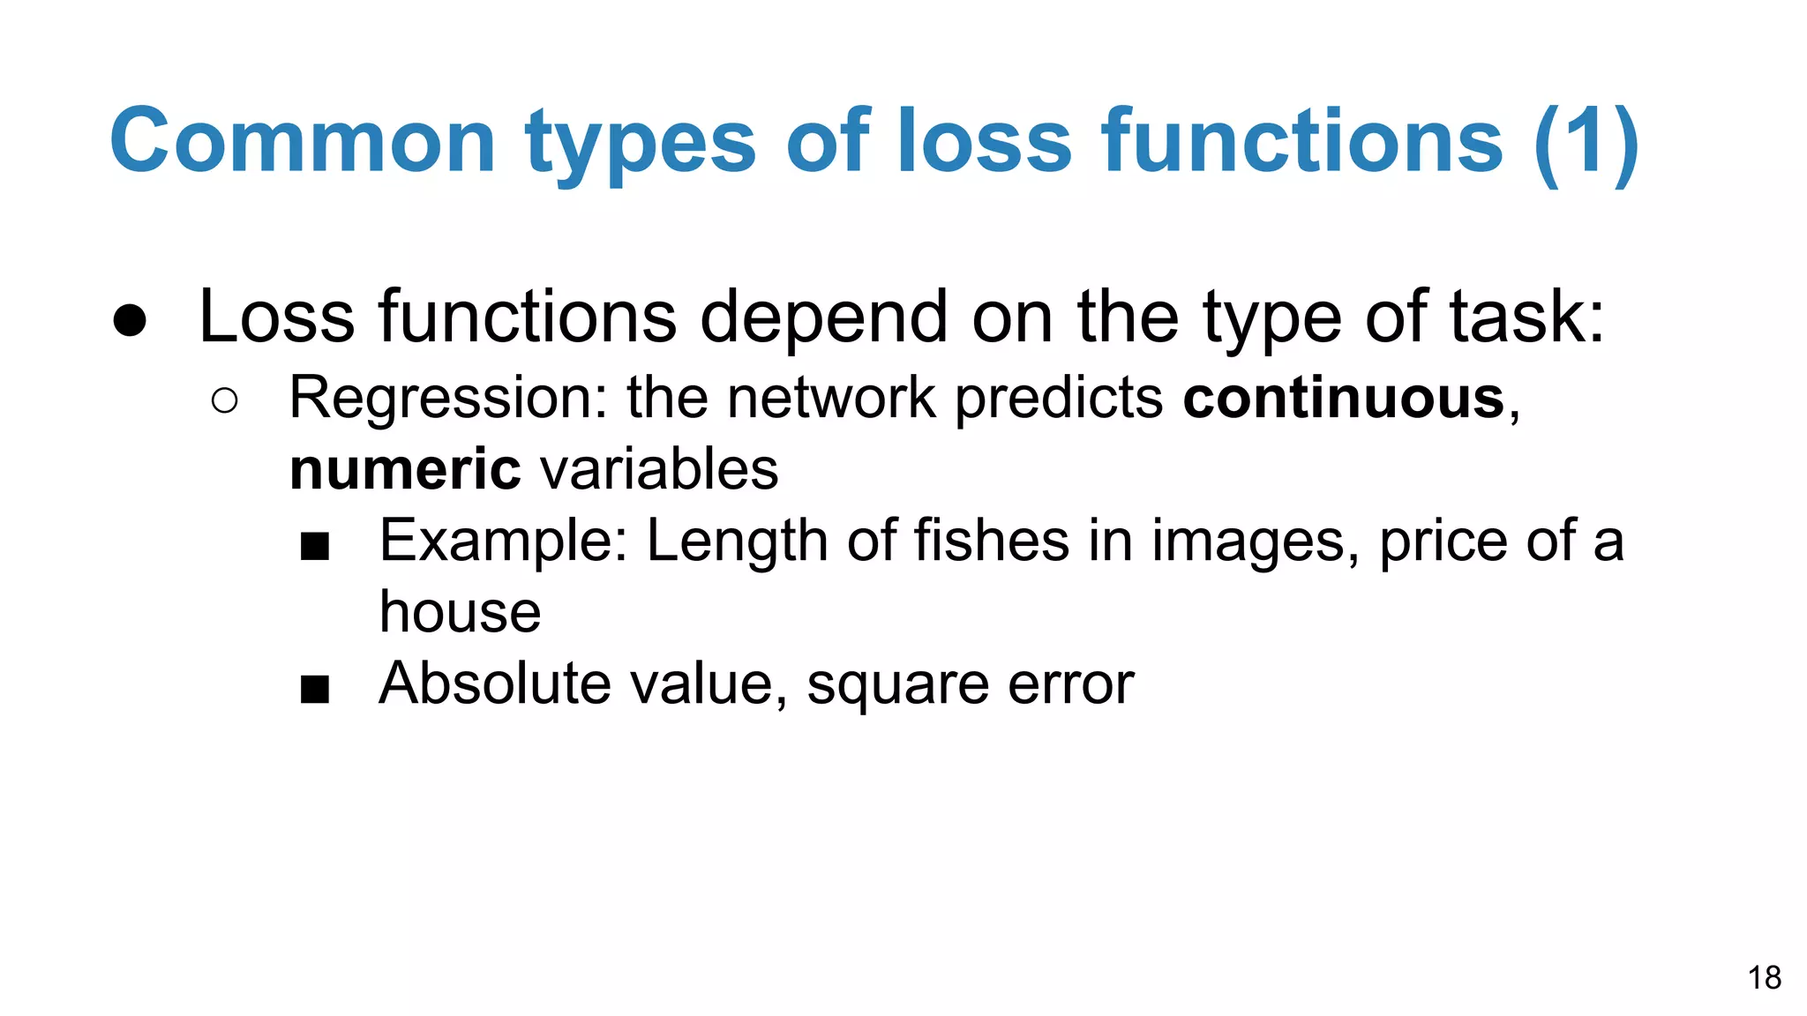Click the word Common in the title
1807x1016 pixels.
(x=302, y=142)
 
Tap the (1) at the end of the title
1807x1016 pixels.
(x=1586, y=142)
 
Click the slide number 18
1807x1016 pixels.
(x=1764, y=978)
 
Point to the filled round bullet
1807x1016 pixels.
(x=130, y=321)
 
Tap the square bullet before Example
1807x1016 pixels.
(x=314, y=547)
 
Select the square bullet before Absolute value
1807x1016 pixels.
(x=314, y=689)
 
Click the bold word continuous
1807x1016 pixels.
(x=1343, y=398)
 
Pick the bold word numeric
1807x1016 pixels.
(x=405, y=469)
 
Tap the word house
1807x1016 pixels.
(x=460, y=612)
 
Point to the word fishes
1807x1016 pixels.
(x=991, y=540)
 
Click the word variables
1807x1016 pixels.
(x=659, y=469)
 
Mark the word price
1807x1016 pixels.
(x=1443, y=542)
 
